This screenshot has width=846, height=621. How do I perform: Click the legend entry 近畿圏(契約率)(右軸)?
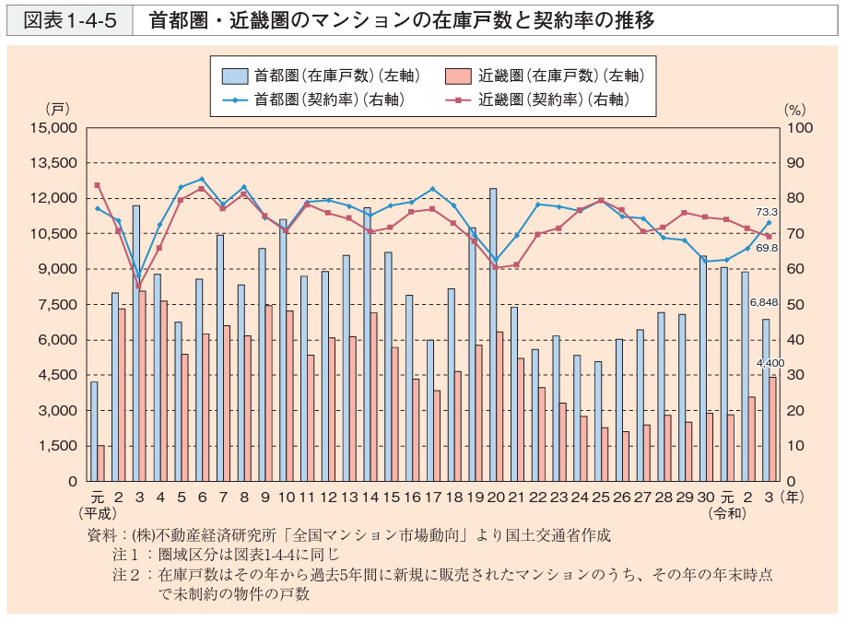[554, 99]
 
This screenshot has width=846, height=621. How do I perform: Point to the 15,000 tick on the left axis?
[57, 128]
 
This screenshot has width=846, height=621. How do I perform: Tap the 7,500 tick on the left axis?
[61, 305]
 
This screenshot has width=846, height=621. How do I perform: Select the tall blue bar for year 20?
[493, 334]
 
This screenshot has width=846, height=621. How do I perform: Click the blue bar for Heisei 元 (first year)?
[94, 430]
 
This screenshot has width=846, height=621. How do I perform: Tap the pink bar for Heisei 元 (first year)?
[101, 463]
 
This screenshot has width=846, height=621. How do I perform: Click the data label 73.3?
[766, 212]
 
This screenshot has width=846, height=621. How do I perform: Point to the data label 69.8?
[767, 248]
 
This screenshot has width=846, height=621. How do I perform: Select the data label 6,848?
[765, 303]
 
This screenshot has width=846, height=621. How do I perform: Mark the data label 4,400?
[770, 363]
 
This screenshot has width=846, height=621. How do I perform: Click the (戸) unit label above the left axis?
[57, 109]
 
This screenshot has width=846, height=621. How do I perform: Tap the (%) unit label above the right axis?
[794, 109]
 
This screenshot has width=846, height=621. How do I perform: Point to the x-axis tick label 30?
[705, 497]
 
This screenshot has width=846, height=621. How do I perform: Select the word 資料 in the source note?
[99, 534]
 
